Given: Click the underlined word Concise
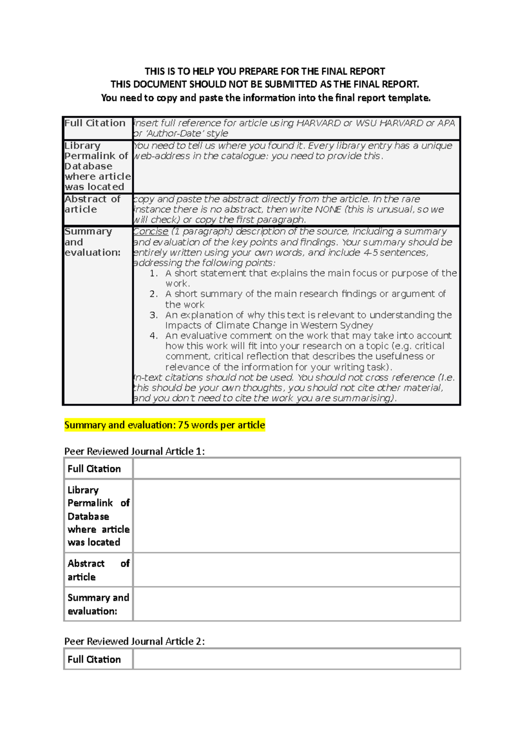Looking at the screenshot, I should [x=151, y=231].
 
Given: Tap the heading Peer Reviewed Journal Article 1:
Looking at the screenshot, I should [x=134, y=451].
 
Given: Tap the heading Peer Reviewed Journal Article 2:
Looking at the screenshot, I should [x=134, y=641].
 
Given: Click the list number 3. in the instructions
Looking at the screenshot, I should [x=153, y=315].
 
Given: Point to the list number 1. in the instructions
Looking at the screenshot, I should [x=153, y=273].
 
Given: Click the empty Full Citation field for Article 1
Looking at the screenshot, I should [x=296, y=468].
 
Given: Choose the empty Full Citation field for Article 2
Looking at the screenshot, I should [x=296, y=659].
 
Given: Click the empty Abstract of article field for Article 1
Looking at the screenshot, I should [x=296, y=570].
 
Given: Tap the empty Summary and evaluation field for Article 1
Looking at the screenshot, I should [x=296, y=604].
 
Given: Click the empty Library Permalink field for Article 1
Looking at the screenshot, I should [x=296, y=516].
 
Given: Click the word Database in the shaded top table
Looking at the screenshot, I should [x=88, y=166].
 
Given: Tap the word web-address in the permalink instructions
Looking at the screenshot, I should [x=162, y=156].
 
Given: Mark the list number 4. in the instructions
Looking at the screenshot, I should [x=153, y=336].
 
